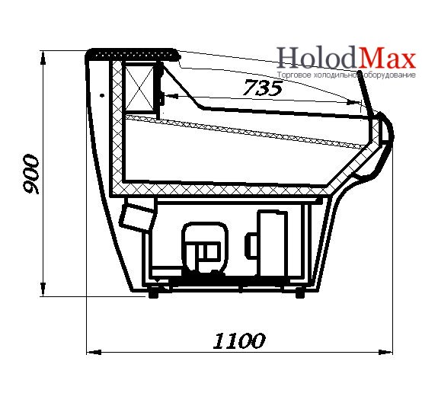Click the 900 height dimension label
coord(31,174)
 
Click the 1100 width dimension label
coord(239,340)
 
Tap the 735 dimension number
coord(263,88)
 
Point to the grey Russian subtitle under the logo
coord(347,75)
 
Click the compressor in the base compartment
coord(205,247)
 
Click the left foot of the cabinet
coord(153,293)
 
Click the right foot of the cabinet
coord(300,293)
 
